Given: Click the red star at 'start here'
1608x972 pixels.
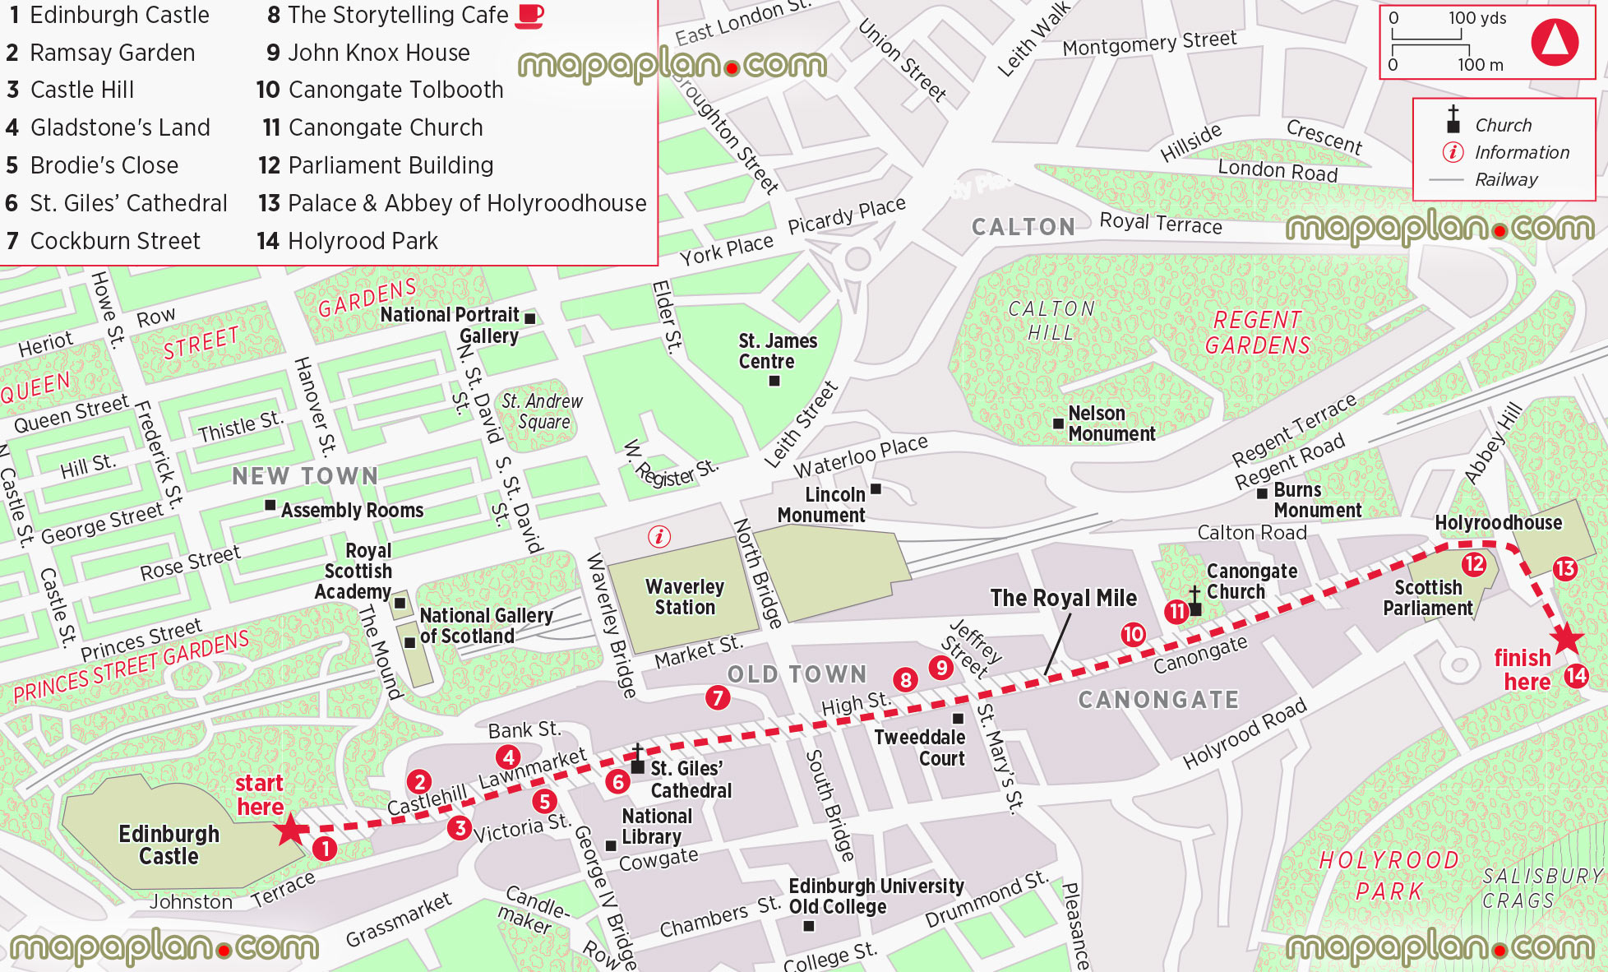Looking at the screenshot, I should click(x=290, y=829).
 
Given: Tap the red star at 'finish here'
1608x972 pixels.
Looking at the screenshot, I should click(x=1566, y=639).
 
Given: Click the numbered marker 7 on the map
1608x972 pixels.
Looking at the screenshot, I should click(x=718, y=698).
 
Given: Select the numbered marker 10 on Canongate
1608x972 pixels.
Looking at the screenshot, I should click(x=1133, y=634).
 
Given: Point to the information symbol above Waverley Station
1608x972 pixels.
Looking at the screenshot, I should click(x=658, y=537).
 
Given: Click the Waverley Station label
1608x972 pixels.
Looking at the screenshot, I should click(x=685, y=597).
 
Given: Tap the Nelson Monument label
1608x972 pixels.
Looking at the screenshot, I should click(x=1111, y=424).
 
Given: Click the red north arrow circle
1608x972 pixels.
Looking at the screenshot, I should click(x=1555, y=41).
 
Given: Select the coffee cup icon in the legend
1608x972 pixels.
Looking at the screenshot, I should click(x=529, y=16).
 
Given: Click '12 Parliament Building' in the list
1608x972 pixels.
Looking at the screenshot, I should click(x=376, y=165).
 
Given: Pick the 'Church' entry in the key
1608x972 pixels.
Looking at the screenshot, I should click(x=1503, y=125).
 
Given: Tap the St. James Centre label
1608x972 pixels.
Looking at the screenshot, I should click(x=777, y=351).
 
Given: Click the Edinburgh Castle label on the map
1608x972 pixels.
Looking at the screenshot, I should click(x=169, y=845).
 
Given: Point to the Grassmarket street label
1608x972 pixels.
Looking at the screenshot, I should click(x=399, y=920).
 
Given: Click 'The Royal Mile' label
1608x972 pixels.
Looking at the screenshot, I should click(x=1063, y=598).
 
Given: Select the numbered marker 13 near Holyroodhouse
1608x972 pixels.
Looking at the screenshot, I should click(x=1564, y=568).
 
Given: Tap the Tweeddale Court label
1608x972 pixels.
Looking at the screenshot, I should click(x=919, y=748).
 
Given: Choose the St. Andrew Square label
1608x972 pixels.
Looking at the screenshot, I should click(x=543, y=411).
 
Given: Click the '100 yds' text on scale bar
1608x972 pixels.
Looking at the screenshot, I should click(x=1476, y=18).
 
